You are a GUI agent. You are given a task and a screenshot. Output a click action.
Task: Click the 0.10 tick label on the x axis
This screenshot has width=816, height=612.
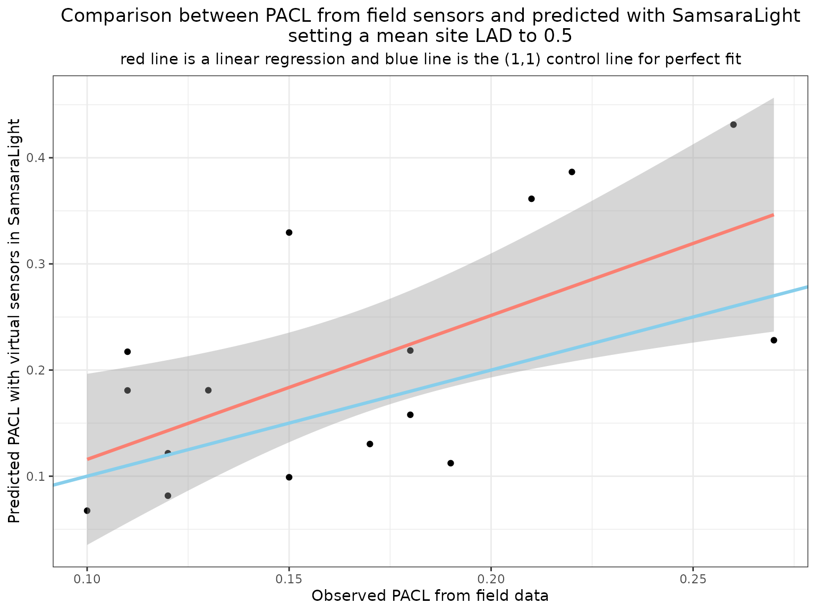pos(87,577)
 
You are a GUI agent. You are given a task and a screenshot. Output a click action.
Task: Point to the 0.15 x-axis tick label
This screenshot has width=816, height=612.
pos(289,577)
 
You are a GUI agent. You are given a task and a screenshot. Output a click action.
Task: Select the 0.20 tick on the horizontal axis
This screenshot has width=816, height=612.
pos(491,577)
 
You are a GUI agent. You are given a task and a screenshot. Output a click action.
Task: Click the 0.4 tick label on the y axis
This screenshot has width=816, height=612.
pos(40,158)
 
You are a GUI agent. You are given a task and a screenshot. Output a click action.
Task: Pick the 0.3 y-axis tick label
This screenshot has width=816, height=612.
pos(40,264)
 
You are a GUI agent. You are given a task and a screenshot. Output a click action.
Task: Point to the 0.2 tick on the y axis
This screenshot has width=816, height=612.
pos(40,370)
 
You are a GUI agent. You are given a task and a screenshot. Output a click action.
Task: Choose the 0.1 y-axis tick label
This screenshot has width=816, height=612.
pos(40,476)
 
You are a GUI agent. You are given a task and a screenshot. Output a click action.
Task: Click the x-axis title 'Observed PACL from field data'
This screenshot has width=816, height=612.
pos(430,596)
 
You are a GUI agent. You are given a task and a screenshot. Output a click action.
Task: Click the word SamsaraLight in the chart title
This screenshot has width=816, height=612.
pos(736,16)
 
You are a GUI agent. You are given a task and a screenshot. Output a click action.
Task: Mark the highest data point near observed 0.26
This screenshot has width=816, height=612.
pos(733,125)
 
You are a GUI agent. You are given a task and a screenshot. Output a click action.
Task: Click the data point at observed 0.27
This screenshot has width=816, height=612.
pos(773,340)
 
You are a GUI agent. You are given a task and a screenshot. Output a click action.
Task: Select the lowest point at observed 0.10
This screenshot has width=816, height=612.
pos(87,511)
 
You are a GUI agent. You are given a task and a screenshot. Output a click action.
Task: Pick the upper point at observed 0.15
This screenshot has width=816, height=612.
pos(289,233)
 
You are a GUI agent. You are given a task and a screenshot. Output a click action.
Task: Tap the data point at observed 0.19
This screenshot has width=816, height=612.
pos(450,463)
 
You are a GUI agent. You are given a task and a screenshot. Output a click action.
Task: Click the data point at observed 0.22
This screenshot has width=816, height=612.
pos(572,172)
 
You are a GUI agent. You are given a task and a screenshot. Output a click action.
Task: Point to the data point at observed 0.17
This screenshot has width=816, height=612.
pos(370,444)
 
